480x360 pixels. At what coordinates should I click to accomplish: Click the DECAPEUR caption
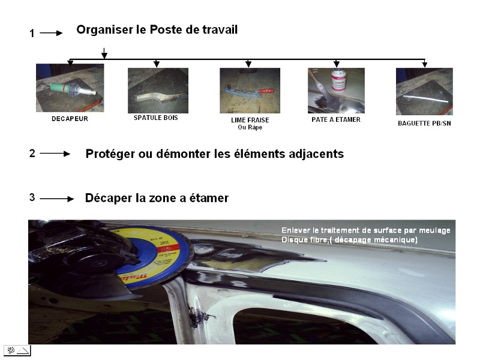click(x=70, y=119)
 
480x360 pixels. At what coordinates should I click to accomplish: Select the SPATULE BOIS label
click(x=156, y=118)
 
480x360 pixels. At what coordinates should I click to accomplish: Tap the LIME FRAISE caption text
click(x=250, y=120)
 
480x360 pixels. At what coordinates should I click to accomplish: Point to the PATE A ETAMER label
click(x=336, y=119)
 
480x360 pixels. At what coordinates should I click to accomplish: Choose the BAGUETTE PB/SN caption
click(x=424, y=124)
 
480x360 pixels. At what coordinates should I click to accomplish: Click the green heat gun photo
click(x=70, y=88)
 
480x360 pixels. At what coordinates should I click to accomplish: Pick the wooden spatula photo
click(x=158, y=91)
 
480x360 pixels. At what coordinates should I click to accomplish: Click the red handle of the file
click(x=266, y=91)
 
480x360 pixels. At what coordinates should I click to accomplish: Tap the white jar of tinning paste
click(x=338, y=80)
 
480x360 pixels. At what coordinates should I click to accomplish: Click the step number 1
click(x=32, y=33)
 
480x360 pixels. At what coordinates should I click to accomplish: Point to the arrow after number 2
click(x=55, y=154)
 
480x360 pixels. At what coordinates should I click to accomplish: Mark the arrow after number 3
click(x=56, y=199)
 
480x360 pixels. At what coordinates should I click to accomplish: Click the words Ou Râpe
click(x=250, y=127)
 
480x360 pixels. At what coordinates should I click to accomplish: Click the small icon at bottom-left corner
click(x=17, y=350)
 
